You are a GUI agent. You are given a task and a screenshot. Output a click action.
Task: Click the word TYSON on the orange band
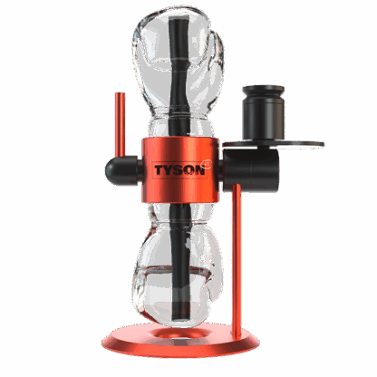pyautogui.click(x=179, y=170)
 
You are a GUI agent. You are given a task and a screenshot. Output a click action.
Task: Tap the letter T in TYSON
pyautogui.click(x=159, y=170)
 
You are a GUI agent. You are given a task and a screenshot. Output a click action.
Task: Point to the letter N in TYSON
pyautogui.click(x=199, y=170)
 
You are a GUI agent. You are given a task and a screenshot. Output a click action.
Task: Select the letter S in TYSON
pyautogui.click(x=179, y=170)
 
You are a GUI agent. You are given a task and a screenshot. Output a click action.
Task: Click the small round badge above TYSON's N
pyautogui.click(x=208, y=163)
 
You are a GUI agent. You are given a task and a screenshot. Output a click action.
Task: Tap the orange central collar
pyautogui.click(x=180, y=170)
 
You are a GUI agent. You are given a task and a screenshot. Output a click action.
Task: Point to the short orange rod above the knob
pyautogui.click(x=121, y=125)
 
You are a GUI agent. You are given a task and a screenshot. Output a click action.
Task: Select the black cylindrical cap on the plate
pyautogui.click(x=264, y=112)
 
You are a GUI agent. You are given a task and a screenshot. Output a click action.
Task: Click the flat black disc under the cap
pyautogui.click(x=274, y=144)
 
